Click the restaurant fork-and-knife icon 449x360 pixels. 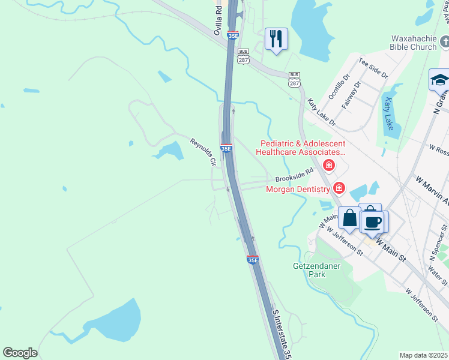[x=276, y=39]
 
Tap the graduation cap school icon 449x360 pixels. [x=439, y=80]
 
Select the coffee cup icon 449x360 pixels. [x=372, y=221]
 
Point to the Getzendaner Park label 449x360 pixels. [x=309, y=269]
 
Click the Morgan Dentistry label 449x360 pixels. [x=298, y=189]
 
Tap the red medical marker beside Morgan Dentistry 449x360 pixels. [x=339, y=188]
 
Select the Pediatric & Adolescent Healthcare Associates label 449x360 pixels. [x=303, y=148]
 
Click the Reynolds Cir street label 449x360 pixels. [x=203, y=151]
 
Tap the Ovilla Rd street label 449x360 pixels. [x=218, y=20]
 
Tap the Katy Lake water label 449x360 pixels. [x=389, y=113]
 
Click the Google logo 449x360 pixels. [x=20, y=353]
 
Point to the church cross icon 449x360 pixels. [x=444, y=41]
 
